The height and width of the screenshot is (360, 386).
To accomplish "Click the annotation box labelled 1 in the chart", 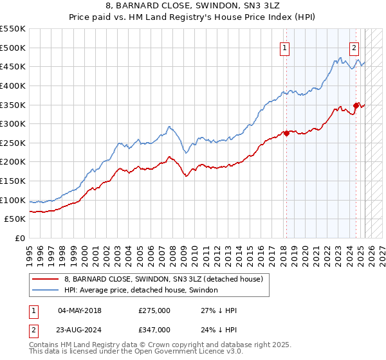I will [284, 46].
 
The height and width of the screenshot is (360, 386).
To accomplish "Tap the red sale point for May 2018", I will [286, 134].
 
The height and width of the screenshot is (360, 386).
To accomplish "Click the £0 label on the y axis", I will [19, 238].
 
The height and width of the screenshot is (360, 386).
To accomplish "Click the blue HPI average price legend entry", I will [141, 291].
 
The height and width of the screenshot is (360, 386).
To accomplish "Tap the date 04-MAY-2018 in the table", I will [80, 310].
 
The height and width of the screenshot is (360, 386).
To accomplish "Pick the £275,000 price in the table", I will [154, 310].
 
